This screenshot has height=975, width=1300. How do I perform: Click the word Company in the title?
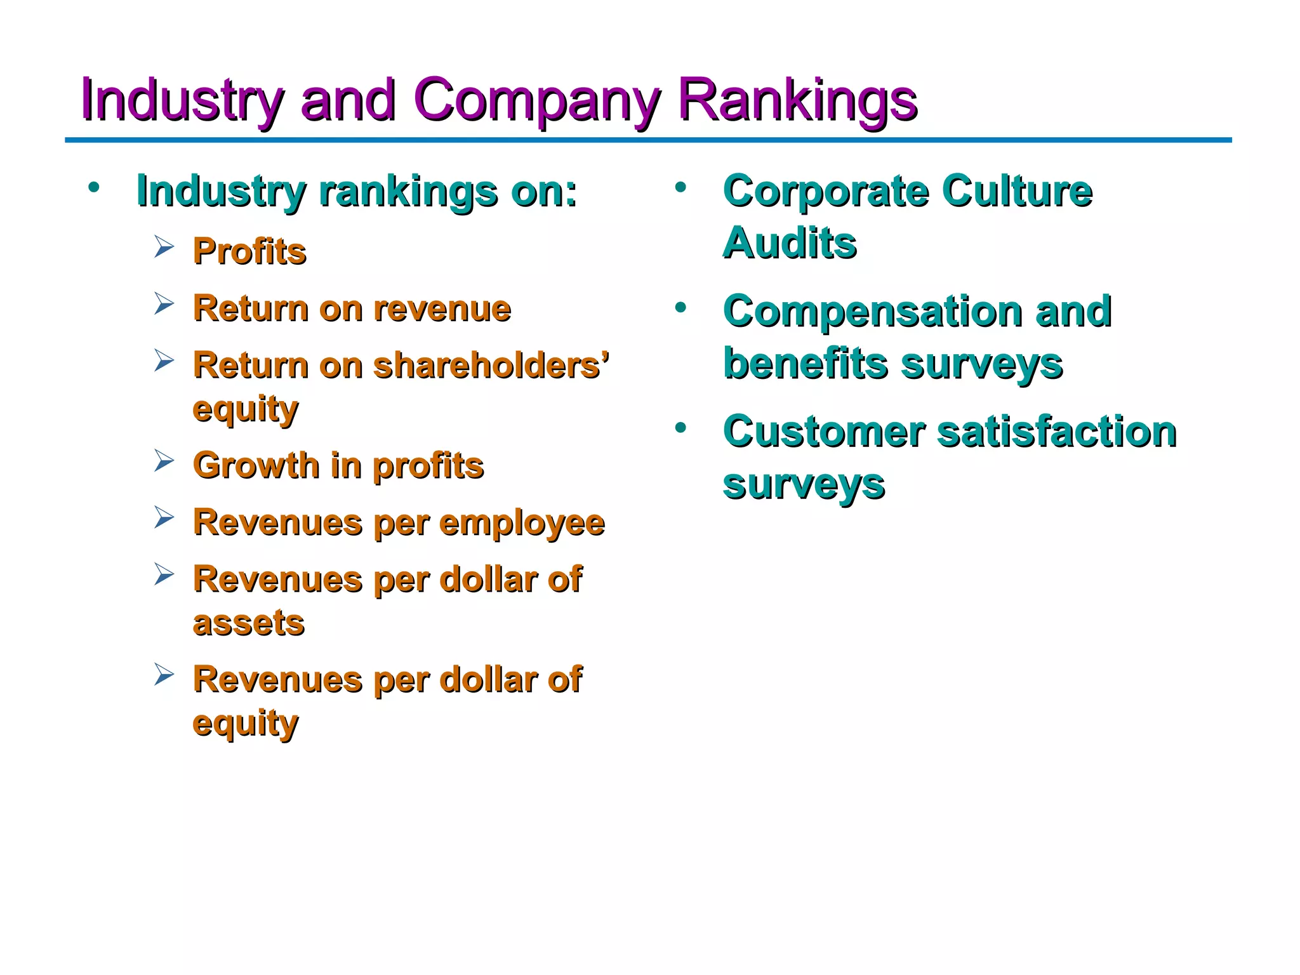tap(536, 102)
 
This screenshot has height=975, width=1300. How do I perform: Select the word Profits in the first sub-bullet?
tap(249, 251)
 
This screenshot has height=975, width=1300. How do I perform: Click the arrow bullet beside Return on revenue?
tap(164, 303)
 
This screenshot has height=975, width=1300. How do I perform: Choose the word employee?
tap(522, 524)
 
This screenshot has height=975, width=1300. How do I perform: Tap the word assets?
tap(249, 623)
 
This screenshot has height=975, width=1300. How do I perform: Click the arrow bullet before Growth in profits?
tap(164, 461)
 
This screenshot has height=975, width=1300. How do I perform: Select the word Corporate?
tap(826, 191)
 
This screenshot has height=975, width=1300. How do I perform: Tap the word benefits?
tap(805, 364)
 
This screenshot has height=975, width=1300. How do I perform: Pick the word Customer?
tap(824, 432)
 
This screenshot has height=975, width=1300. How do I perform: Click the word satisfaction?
tap(1057, 432)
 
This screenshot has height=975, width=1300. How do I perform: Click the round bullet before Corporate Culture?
tap(681, 187)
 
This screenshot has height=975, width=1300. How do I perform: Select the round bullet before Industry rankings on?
tap(94, 187)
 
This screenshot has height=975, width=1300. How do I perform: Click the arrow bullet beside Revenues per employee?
tap(164, 518)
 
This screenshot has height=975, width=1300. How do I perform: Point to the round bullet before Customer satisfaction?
tap(681, 428)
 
